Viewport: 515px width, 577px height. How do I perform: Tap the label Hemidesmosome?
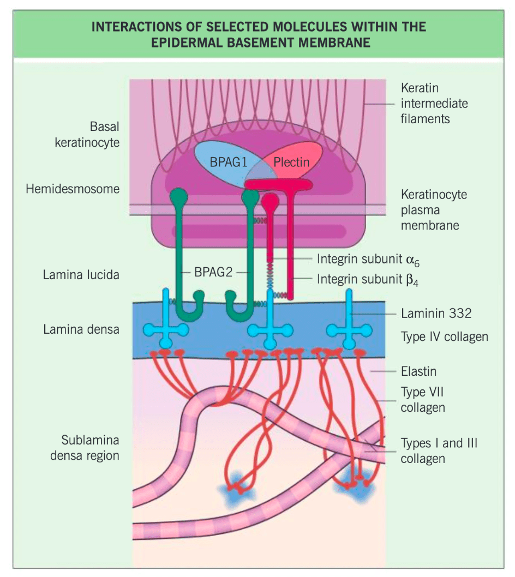click(x=73, y=189)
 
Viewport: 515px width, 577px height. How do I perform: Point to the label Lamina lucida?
click(x=81, y=274)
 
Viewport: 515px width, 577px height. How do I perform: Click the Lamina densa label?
click(x=81, y=329)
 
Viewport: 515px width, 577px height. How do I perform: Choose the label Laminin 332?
click(x=436, y=313)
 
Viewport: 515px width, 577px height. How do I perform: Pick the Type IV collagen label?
click(x=444, y=336)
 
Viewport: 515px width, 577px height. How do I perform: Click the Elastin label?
click(x=418, y=371)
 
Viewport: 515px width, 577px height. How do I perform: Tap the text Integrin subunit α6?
click(x=368, y=260)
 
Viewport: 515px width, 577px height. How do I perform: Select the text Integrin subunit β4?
click(x=368, y=280)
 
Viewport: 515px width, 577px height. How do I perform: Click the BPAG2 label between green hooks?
click(x=213, y=272)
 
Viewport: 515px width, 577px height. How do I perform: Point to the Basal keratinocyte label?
click(x=87, y=134)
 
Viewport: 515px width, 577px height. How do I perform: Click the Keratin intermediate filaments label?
click(x=434, y=104)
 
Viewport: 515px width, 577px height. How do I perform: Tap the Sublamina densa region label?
click(x=85, y=447)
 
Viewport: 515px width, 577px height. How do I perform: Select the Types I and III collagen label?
click(x=439, y=451)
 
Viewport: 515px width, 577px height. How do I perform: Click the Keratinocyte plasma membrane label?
click(x=434, y=210)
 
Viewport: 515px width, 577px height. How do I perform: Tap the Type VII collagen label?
click(x=423, y=400)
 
